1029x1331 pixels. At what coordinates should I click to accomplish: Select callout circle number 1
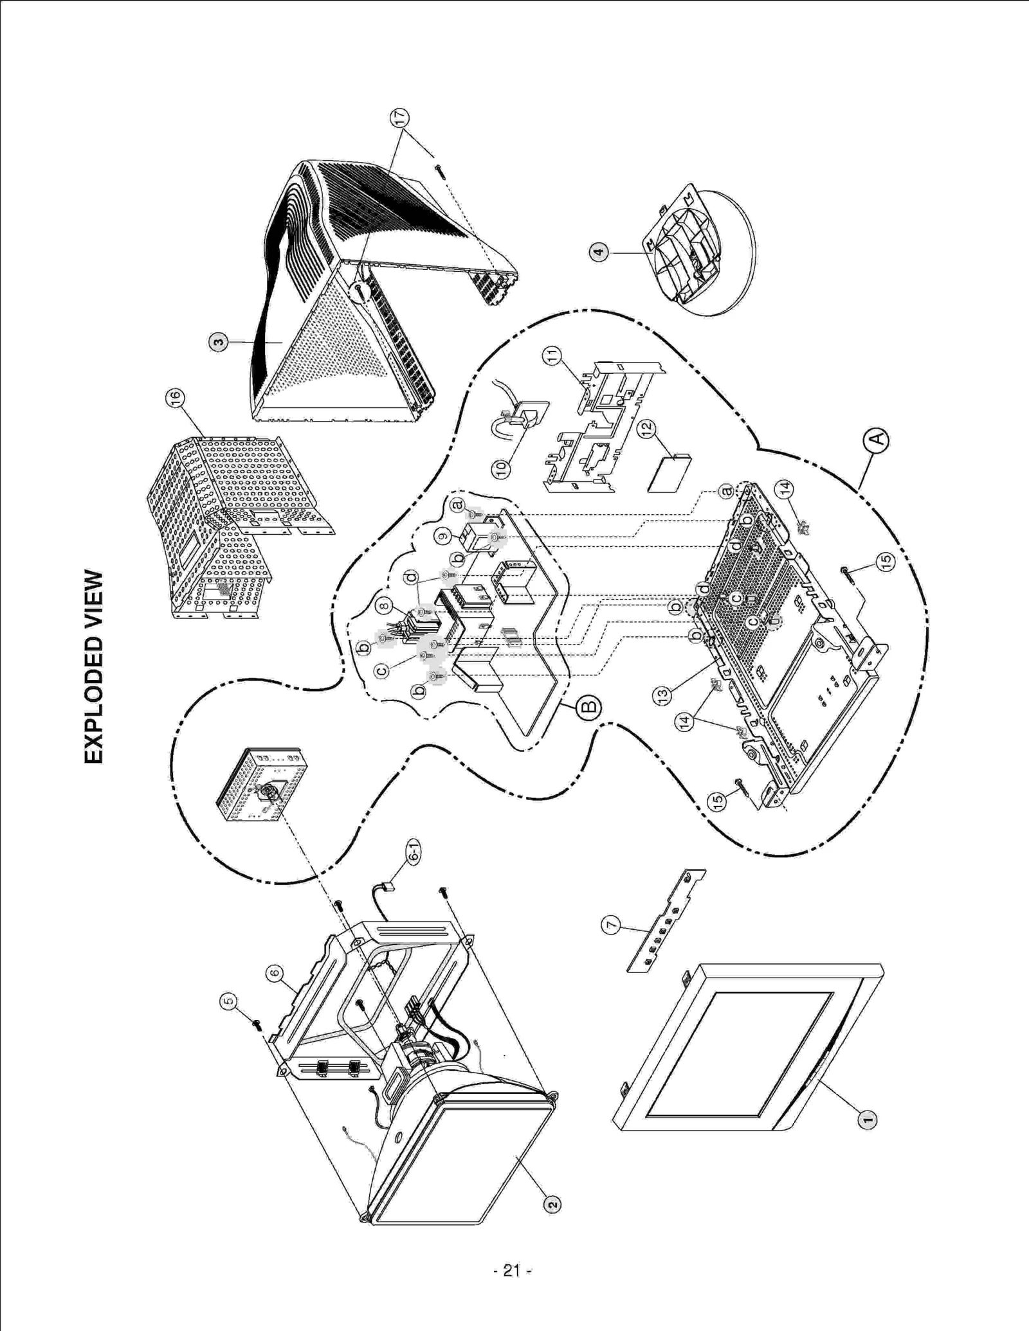(867, 1120)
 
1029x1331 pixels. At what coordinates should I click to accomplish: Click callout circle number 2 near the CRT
(552, 1203)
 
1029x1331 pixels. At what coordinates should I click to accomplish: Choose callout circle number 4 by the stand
(599, 252)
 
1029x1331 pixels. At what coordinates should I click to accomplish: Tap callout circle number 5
(229, 1001)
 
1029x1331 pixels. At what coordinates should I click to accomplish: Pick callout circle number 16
(174, 398)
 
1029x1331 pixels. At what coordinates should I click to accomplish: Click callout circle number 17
(399, 117)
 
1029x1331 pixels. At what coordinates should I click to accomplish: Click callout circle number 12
(647, 427)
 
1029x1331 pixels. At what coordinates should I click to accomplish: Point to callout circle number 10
(502, 467)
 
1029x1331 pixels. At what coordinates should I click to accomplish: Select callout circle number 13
(662, 694)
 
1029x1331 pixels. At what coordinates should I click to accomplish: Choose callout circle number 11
(552, 356)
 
